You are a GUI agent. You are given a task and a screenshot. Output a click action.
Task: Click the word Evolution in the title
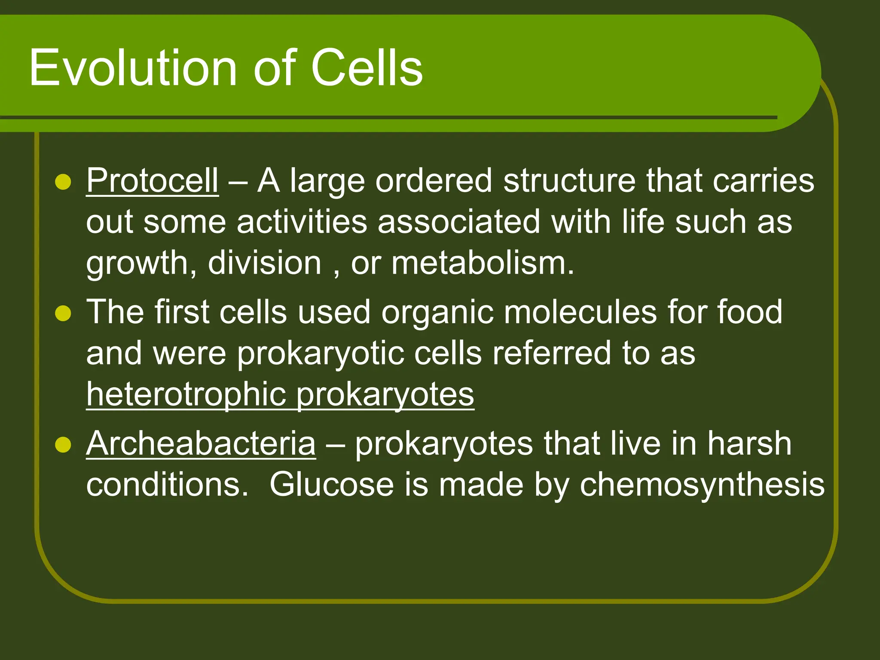coord(132,68)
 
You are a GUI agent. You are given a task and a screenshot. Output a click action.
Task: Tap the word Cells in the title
coord(367,68)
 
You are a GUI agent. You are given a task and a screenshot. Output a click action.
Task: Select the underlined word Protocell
coord(152,180)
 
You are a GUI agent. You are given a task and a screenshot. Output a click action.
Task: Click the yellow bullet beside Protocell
coord(63,182)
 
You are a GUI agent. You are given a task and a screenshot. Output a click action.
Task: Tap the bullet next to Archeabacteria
coord(63,445)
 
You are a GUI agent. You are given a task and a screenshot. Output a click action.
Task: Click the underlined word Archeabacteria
coord(201,443)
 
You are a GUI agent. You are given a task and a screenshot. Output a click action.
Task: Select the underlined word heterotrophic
coord(186,394)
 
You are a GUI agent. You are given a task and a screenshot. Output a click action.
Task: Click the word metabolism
coord(482,263)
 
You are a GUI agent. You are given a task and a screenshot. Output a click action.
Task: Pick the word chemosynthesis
coord(702,485)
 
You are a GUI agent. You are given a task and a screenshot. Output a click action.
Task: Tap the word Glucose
coord(331,485)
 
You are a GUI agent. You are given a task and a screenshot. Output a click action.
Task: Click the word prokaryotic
coord(321,354)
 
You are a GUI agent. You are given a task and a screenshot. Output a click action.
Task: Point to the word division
coord(264,263)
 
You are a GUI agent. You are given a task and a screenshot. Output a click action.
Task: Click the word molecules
coord(580,312)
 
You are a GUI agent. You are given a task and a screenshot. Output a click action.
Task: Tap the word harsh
coord(749,443)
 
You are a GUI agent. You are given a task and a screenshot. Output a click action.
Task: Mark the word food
coord(749,312)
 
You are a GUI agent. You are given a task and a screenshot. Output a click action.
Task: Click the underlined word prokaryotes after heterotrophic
coord(385,394)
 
